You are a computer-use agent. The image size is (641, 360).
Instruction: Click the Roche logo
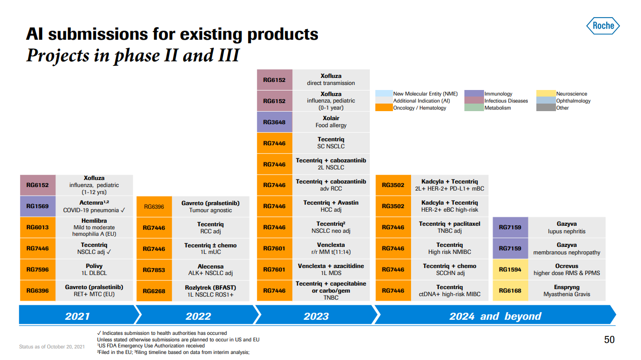[x=603, y=26]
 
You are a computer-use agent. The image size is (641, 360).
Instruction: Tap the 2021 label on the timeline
[x=77, y=316]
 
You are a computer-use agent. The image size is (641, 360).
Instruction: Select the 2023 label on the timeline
[x=316, y=316]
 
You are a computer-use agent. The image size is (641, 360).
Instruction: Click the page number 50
[x=609, y=340]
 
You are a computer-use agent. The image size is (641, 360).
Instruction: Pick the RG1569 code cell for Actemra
[x=38, y=206]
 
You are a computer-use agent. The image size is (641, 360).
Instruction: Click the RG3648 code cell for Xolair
[x=274, y=122]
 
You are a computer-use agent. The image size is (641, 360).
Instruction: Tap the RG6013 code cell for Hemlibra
[x=38, y=227]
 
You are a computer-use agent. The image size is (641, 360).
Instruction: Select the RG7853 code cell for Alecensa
[x=154, y=270]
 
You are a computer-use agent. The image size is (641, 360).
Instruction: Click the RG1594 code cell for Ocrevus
[x=510, y=269]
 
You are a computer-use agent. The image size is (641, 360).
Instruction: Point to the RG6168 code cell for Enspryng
[x=510, y=291]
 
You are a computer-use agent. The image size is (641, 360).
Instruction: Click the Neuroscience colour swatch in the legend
[x=545, y=94]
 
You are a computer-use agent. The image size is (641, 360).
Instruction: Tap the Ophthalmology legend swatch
[x=545, y=101]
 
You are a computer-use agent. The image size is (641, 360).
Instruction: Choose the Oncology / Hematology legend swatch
[x=383, y=108]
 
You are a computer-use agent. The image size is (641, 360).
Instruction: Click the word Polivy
[x=94, y=266]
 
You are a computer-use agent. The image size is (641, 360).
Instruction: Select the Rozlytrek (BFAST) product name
[x=210, y=288]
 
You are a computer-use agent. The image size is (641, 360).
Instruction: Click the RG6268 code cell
[x=154, y=291]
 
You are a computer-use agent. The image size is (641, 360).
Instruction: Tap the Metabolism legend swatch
[x=474, y=108]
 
